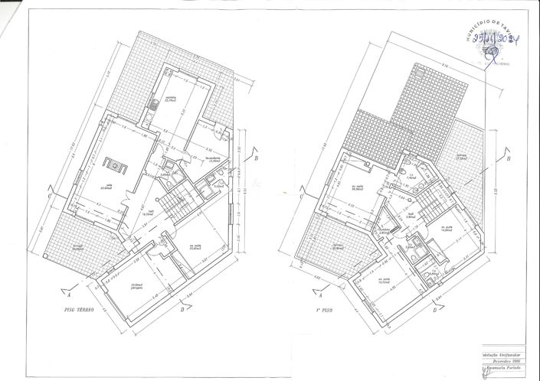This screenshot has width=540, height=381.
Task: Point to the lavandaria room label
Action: click(x=214, y=160)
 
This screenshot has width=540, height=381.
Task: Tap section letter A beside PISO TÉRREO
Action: click(x=70, y=293)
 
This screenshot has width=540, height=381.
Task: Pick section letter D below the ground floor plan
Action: click(x=182, y=309)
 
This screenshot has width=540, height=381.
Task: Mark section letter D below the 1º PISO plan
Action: click(x=434, y=309)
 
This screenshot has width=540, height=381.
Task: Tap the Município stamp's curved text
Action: click(x=490, y=26)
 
